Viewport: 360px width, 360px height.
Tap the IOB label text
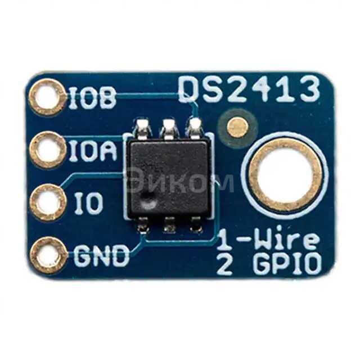[x=93, y=98]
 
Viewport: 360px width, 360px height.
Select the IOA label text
[x=93, y=150]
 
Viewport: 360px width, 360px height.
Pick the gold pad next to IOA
[x=47, y=150]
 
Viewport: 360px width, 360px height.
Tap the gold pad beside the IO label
[x=47, y=202]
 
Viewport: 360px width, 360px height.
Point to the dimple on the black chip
[x=147, y=198]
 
